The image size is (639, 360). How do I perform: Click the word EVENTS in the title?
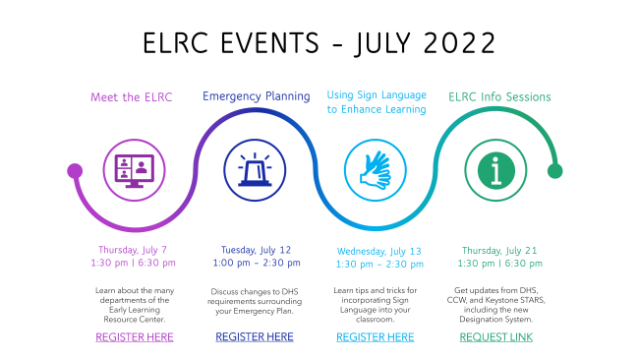(269, 43)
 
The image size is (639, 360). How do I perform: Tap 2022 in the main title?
(460, 43)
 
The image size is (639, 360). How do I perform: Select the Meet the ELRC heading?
(131, 97)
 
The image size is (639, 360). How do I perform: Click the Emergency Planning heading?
(257, 96)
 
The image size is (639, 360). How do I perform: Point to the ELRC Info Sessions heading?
(499, 97)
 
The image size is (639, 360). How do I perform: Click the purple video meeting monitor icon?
(134, 170)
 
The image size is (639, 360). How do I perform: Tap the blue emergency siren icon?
(255, 170)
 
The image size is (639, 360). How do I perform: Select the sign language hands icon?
(376, 170)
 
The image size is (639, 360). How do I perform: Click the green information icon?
(495, 170)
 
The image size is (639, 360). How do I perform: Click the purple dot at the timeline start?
(75, 171)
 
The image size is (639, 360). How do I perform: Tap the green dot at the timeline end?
(554, 171)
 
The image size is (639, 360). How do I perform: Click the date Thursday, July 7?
(133, 250)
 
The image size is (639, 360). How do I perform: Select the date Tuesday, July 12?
(256, 250)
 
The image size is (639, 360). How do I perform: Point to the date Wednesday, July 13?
(379, 251)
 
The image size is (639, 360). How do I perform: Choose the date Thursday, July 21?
(499, 251)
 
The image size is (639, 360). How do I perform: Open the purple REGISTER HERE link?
(135, 337)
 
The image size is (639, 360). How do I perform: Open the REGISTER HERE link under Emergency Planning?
(255, 336)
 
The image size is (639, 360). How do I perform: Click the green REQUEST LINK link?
(495, 337)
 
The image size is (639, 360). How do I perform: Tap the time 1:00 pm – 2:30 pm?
(257, 263)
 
